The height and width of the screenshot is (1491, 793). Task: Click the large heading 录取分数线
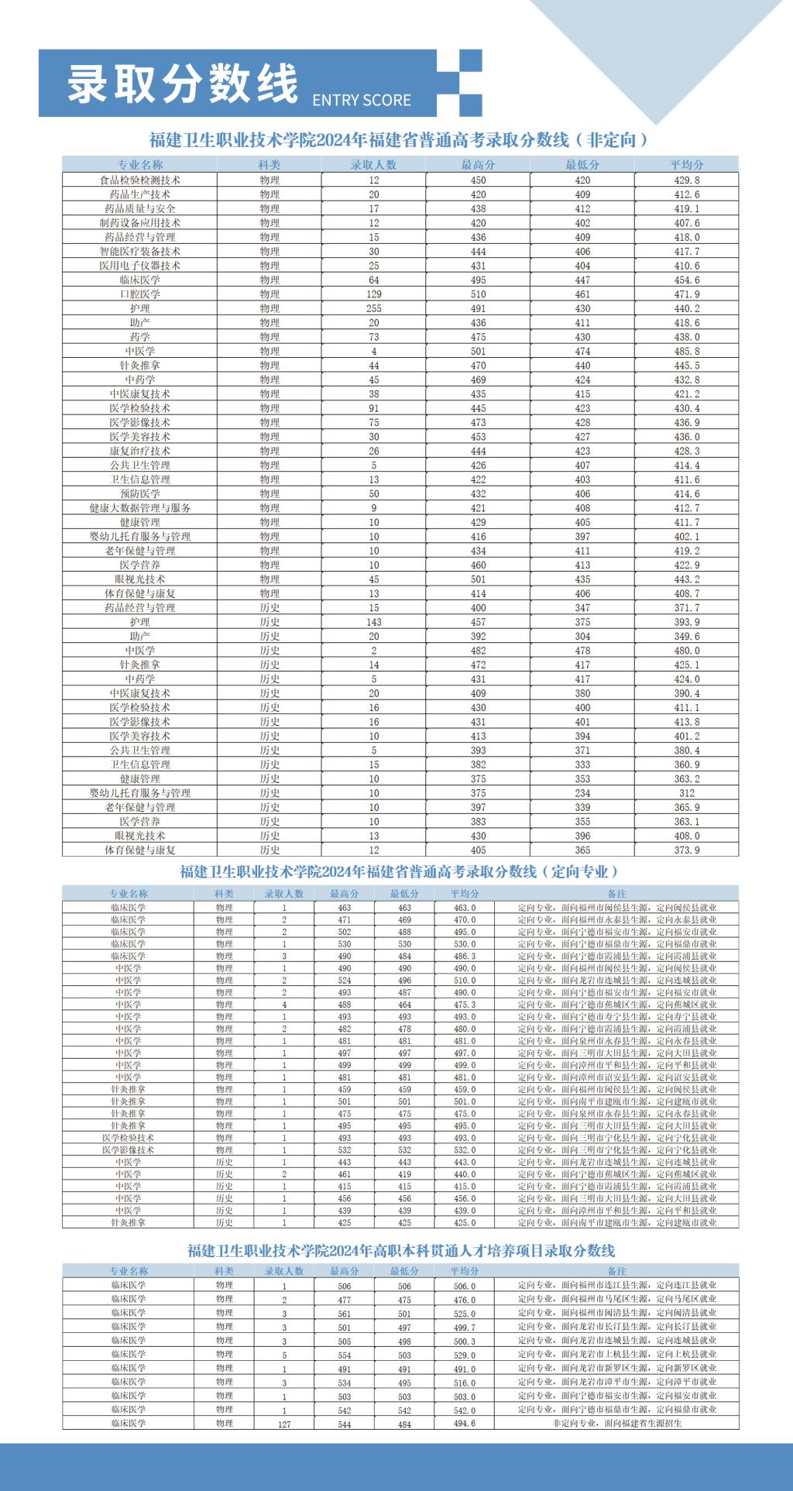(183, 83)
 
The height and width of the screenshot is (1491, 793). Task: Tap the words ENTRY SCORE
(362, 100)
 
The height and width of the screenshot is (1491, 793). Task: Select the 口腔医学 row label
(140, 294)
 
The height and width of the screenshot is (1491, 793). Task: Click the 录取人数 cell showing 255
(374, 308)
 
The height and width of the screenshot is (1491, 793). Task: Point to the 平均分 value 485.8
(686, 351)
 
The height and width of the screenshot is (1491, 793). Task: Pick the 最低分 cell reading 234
(582, 793)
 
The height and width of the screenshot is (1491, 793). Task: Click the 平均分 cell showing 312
(686, 793)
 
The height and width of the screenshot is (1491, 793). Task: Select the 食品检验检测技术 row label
(140, 180)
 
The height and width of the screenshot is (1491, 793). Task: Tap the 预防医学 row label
(140, 493)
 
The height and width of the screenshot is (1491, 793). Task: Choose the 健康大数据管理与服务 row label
(140, 508)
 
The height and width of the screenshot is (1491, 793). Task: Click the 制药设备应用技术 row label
(140, 223)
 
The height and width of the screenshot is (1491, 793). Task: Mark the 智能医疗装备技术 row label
(140, 252)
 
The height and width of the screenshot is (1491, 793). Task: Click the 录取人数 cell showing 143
(374, 622)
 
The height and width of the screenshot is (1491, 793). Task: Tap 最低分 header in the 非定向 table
(582, 165)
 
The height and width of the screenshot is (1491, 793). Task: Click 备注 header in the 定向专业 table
(616, 894)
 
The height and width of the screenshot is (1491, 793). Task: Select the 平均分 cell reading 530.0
(465, 944)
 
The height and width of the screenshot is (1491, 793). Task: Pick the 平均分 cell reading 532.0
(465, 1150)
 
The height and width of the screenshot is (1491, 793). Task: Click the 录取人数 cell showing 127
(284, 1424)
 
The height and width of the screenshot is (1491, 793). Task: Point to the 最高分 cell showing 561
(345, 1314)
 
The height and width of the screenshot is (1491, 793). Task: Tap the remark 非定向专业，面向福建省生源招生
(616, 1424)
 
